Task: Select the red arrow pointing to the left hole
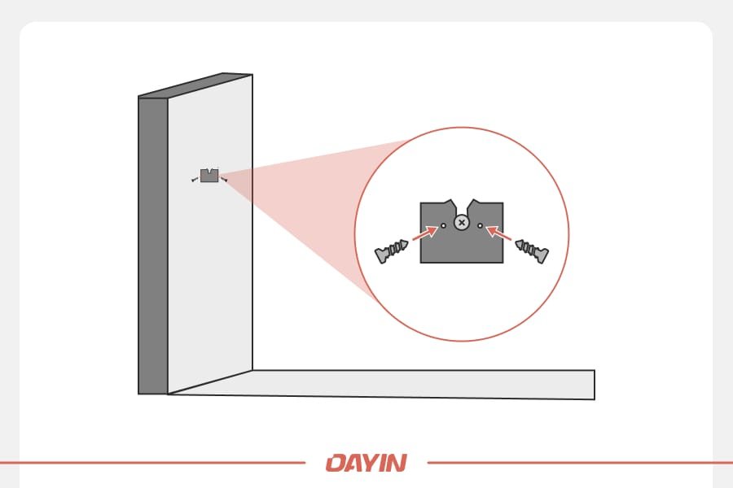(424, 233)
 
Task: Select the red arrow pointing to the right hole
(499, 233)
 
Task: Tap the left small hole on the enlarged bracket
(443, 225)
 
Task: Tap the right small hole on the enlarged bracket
(481, 225)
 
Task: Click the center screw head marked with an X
(462, 222)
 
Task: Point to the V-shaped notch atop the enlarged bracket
(462, 205)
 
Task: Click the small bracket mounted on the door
(209, 176)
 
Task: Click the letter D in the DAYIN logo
(336, 464)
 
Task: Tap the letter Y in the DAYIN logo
(372, 464)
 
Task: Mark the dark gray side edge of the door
(153, 244)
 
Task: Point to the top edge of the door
(195, 85)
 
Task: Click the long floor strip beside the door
(424, 384)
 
